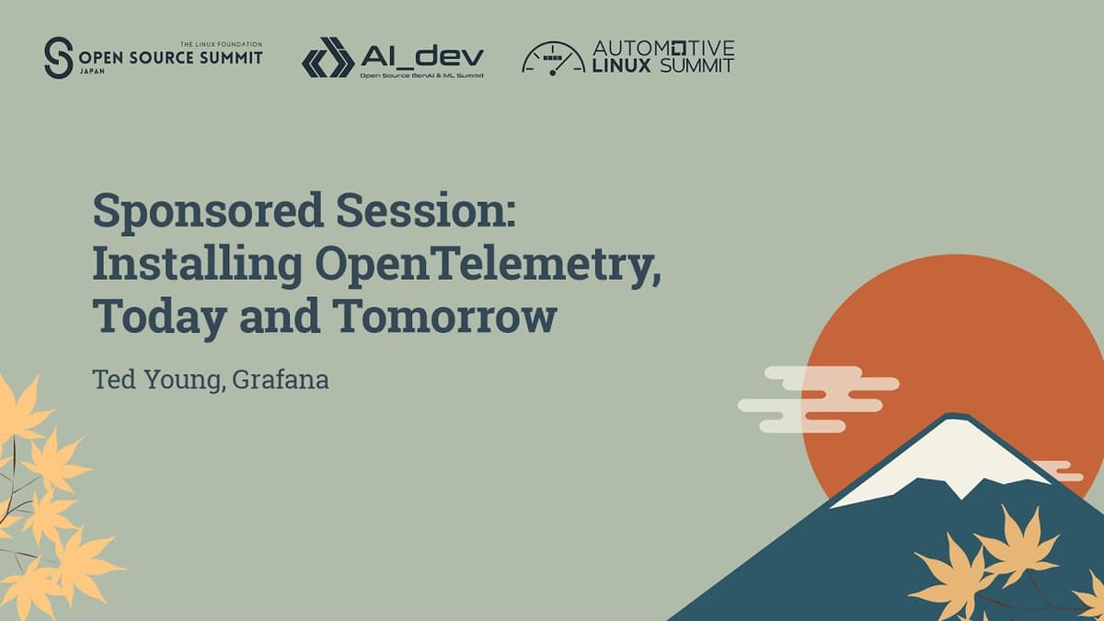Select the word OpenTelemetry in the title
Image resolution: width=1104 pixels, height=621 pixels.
coord(487,265)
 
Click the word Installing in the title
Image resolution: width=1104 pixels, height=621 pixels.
coord(197,265)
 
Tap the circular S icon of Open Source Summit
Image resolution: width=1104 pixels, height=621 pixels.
coord(58,57)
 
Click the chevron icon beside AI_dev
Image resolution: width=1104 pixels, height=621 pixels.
coord(328,57)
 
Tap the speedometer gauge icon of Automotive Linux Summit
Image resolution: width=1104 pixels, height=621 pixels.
coord(553,58)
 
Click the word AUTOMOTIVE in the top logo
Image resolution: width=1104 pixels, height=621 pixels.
coord(663,48)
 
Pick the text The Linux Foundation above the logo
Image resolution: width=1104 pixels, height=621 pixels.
coord(221,43)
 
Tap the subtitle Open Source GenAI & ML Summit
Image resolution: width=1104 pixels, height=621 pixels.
coord(421,75)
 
